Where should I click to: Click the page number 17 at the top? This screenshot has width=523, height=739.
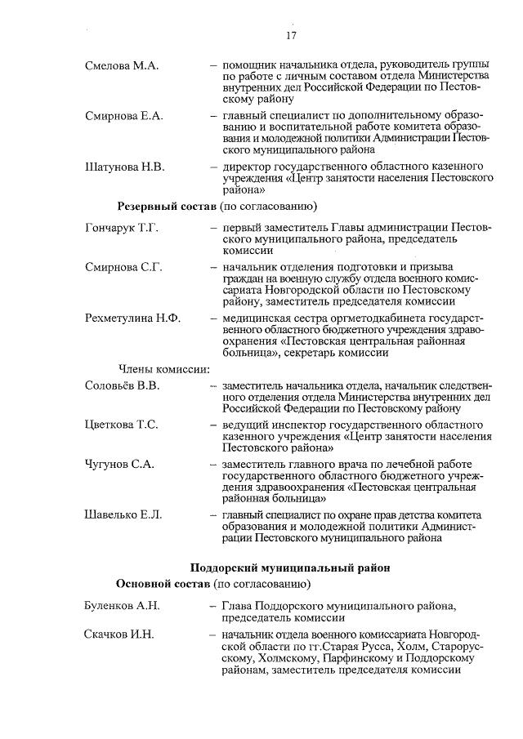[x=291, y=36]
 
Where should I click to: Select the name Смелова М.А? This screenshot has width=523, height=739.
[x=122, y=65]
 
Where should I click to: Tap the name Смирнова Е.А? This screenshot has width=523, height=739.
[x=124, y=116]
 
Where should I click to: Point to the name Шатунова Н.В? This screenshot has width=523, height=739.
[x=125, y=167]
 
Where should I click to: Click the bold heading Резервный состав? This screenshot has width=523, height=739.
[x=163, y=205]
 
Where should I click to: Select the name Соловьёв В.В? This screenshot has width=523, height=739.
[x=122, y=385]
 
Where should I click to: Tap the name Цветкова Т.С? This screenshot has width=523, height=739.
[x=122, y=425]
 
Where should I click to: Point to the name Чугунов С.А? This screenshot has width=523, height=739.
[x=120, y=464]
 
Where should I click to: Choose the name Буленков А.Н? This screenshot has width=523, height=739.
[x=122, y=606]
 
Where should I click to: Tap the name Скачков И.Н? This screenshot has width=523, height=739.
[x=119, y=634]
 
